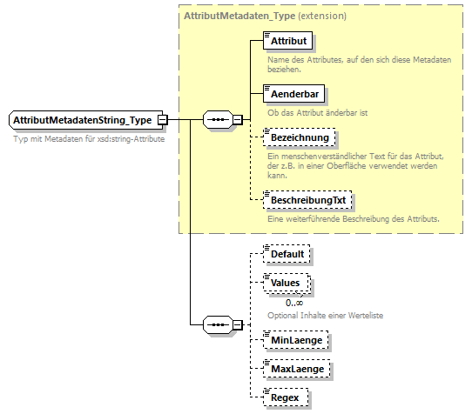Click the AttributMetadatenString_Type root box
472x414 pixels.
[83, 120]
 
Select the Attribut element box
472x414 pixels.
[287, 40]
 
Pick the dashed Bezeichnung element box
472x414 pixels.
[298, 138]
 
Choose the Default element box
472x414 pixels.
[287, 254]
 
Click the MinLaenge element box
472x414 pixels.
[295, 340]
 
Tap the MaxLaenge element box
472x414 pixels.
[296, 369]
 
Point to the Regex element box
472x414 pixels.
[285, 397]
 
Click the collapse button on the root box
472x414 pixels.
[163, 120]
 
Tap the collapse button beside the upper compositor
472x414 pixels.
[238, 120]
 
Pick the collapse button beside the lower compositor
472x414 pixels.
[238, 325]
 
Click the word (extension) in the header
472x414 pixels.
[321, 16]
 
